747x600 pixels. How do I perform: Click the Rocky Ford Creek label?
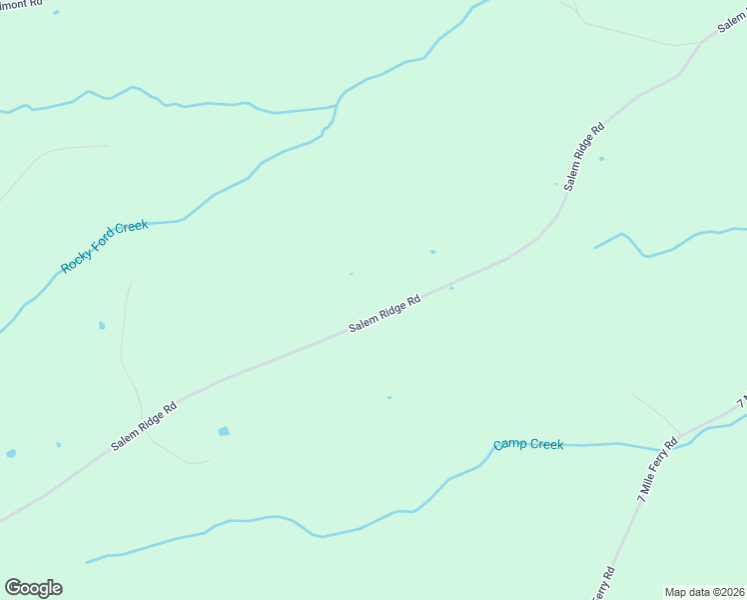[x=105, y=247]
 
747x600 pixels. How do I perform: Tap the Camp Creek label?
[x=528, y=444]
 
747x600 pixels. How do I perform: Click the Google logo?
[x=33, y=588]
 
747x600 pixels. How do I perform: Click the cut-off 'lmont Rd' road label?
[x=22, y=4]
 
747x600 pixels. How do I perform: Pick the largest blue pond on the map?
[x=224, y=431]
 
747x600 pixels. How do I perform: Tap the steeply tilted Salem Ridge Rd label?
[x=585, y=157]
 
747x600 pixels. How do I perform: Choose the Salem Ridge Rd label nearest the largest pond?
[x=144, y=426]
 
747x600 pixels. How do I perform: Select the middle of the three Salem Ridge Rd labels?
[x=383, y=314]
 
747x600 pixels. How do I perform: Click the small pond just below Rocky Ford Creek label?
[x=102, y=325]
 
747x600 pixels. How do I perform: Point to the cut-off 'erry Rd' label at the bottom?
[x=603, y=585]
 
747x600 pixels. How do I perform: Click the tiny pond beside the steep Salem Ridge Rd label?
[x=601, y=158]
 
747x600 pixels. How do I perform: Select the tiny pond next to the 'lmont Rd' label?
[x=56, y=12]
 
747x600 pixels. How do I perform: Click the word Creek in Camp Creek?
[x=546, y=444]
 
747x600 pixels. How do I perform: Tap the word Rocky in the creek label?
[x=75, y=262]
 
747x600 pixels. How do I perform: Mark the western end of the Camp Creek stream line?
[x=88, y=562]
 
